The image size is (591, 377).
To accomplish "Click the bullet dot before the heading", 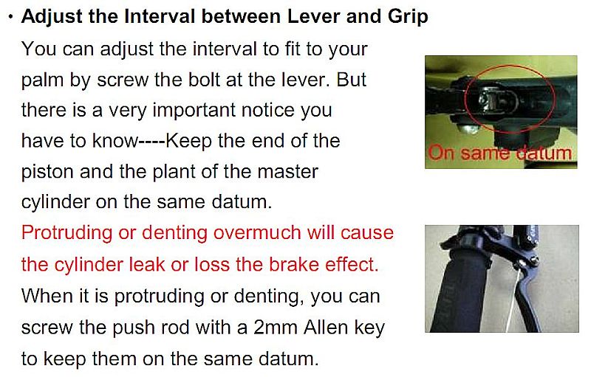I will [10, 17].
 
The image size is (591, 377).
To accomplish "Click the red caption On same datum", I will [500, 153].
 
